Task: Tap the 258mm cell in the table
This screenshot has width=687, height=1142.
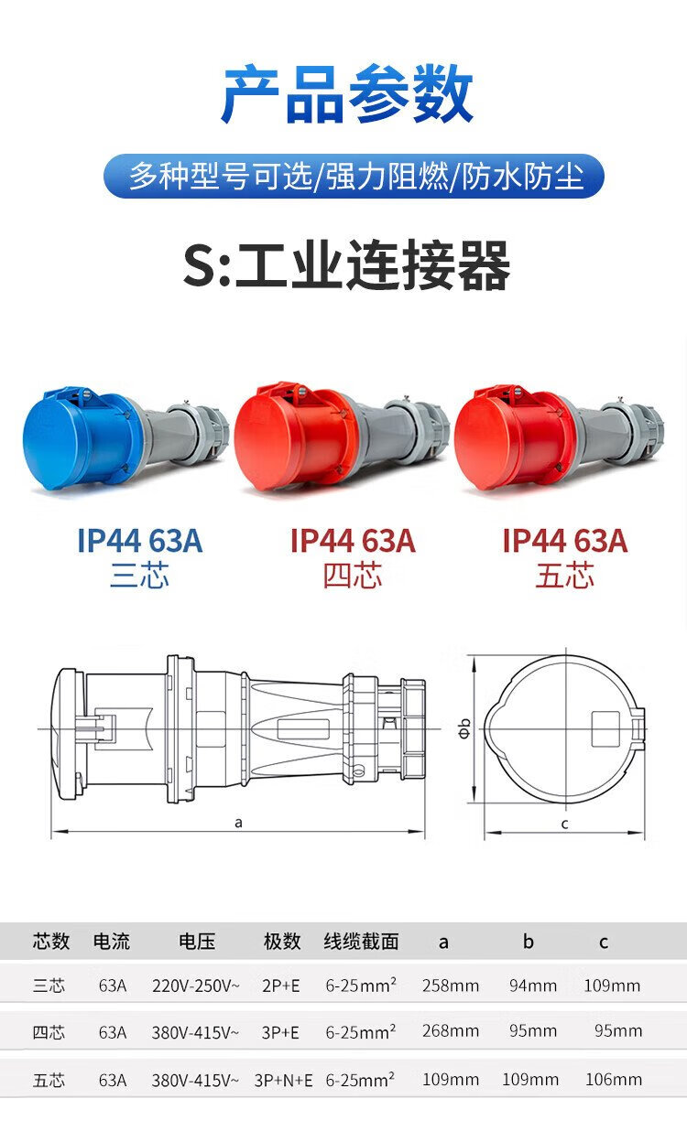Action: tap(450, 986)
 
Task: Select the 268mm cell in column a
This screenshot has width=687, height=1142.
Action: tap(450, 1030)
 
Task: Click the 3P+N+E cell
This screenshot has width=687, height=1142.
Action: tap(283, 1080)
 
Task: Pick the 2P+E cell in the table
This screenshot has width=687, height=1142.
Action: tap(280, 986)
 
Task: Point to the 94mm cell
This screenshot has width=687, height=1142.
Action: tap(533, 986)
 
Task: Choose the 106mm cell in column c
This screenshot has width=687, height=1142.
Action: tap(614, 1079)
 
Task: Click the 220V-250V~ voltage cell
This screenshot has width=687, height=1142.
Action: tap(195, 986)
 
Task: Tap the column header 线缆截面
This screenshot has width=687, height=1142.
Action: tap(361, 941)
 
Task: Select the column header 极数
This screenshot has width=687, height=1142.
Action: tap(282, 941)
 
